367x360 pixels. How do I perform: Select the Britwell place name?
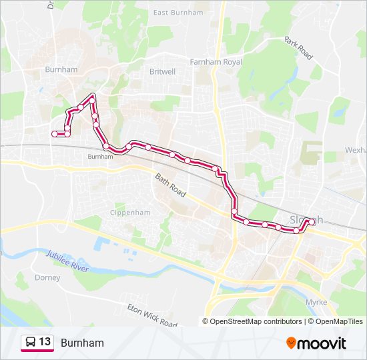click(x=162, y=71)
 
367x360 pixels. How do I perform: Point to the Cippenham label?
click(x=130, y=213)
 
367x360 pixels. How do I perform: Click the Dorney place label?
click(x=47, y=277)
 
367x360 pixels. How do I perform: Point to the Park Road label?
click(x=298, y=49)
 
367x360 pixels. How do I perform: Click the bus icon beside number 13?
click(x=31, y=343)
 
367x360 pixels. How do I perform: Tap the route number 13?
click(x=45, y=343)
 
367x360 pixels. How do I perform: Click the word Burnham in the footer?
click(x=82, y=343)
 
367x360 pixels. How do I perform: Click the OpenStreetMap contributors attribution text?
click(x=256, y=321)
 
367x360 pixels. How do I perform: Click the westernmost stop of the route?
click(x=55, y=134)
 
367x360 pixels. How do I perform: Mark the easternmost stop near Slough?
click(x=312, y=221)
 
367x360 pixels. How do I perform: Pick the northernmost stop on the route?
click(x=92, y=97)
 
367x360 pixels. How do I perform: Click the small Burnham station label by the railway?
click(x=97, y=157)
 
